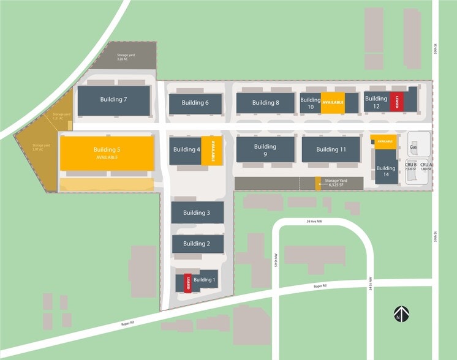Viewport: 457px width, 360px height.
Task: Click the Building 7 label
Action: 113,99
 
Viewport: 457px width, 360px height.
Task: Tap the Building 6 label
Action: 195,103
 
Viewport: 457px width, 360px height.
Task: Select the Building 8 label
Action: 265,103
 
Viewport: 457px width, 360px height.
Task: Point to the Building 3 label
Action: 196,212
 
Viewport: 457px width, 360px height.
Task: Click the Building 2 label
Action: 196,243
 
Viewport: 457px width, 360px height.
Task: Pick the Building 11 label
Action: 331,149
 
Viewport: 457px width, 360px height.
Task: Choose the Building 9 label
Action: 265,150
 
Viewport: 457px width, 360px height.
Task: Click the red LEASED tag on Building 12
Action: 397,102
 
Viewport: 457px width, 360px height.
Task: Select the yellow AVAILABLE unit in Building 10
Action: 333,103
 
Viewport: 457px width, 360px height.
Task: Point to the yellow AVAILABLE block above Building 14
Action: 385,141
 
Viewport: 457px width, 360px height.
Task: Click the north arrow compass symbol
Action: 401,315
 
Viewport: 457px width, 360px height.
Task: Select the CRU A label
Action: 426,165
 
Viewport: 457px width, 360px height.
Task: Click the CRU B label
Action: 411,165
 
